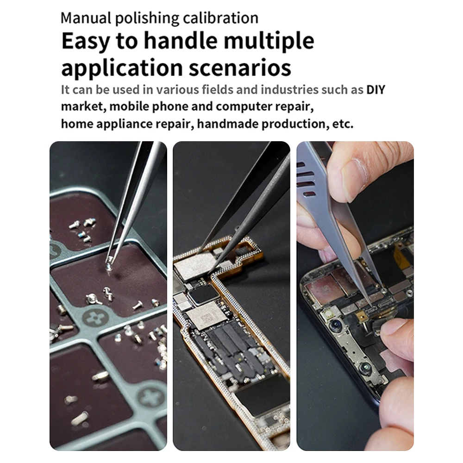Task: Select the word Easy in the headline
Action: [86, 41]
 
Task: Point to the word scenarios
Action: [240, 68]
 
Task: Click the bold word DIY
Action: [375, 90]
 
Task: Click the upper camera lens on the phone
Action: [335, 325]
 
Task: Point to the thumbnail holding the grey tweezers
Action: [353, 179]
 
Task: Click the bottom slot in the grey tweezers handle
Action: [309, 194]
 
